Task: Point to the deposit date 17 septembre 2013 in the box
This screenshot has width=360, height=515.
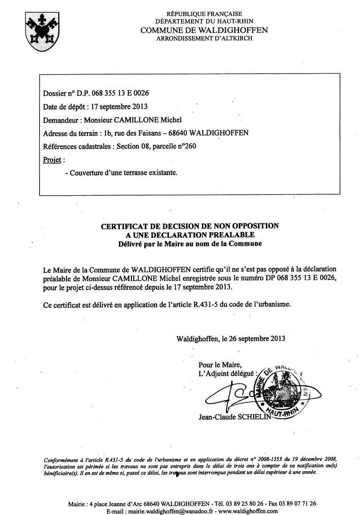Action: click(119, 107)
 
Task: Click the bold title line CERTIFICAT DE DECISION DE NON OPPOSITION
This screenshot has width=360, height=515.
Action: click(190, 226)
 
